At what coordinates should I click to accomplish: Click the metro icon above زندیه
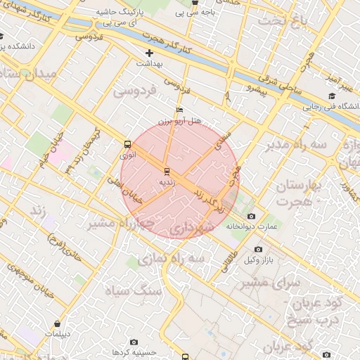[167, 172]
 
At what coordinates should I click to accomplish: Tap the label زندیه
[167, 181]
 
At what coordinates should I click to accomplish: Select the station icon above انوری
[127, 143]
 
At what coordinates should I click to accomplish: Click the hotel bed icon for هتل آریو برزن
[179, 111]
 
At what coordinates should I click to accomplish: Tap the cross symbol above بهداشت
[149, 53]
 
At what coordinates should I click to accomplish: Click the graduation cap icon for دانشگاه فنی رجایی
[331, 96]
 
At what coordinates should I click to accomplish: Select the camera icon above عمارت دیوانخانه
[252, 217]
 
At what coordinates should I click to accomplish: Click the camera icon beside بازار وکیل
[258, 250]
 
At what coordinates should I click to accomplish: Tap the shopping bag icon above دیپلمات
[58, 324]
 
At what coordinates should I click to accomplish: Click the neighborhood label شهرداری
[191, 228]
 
